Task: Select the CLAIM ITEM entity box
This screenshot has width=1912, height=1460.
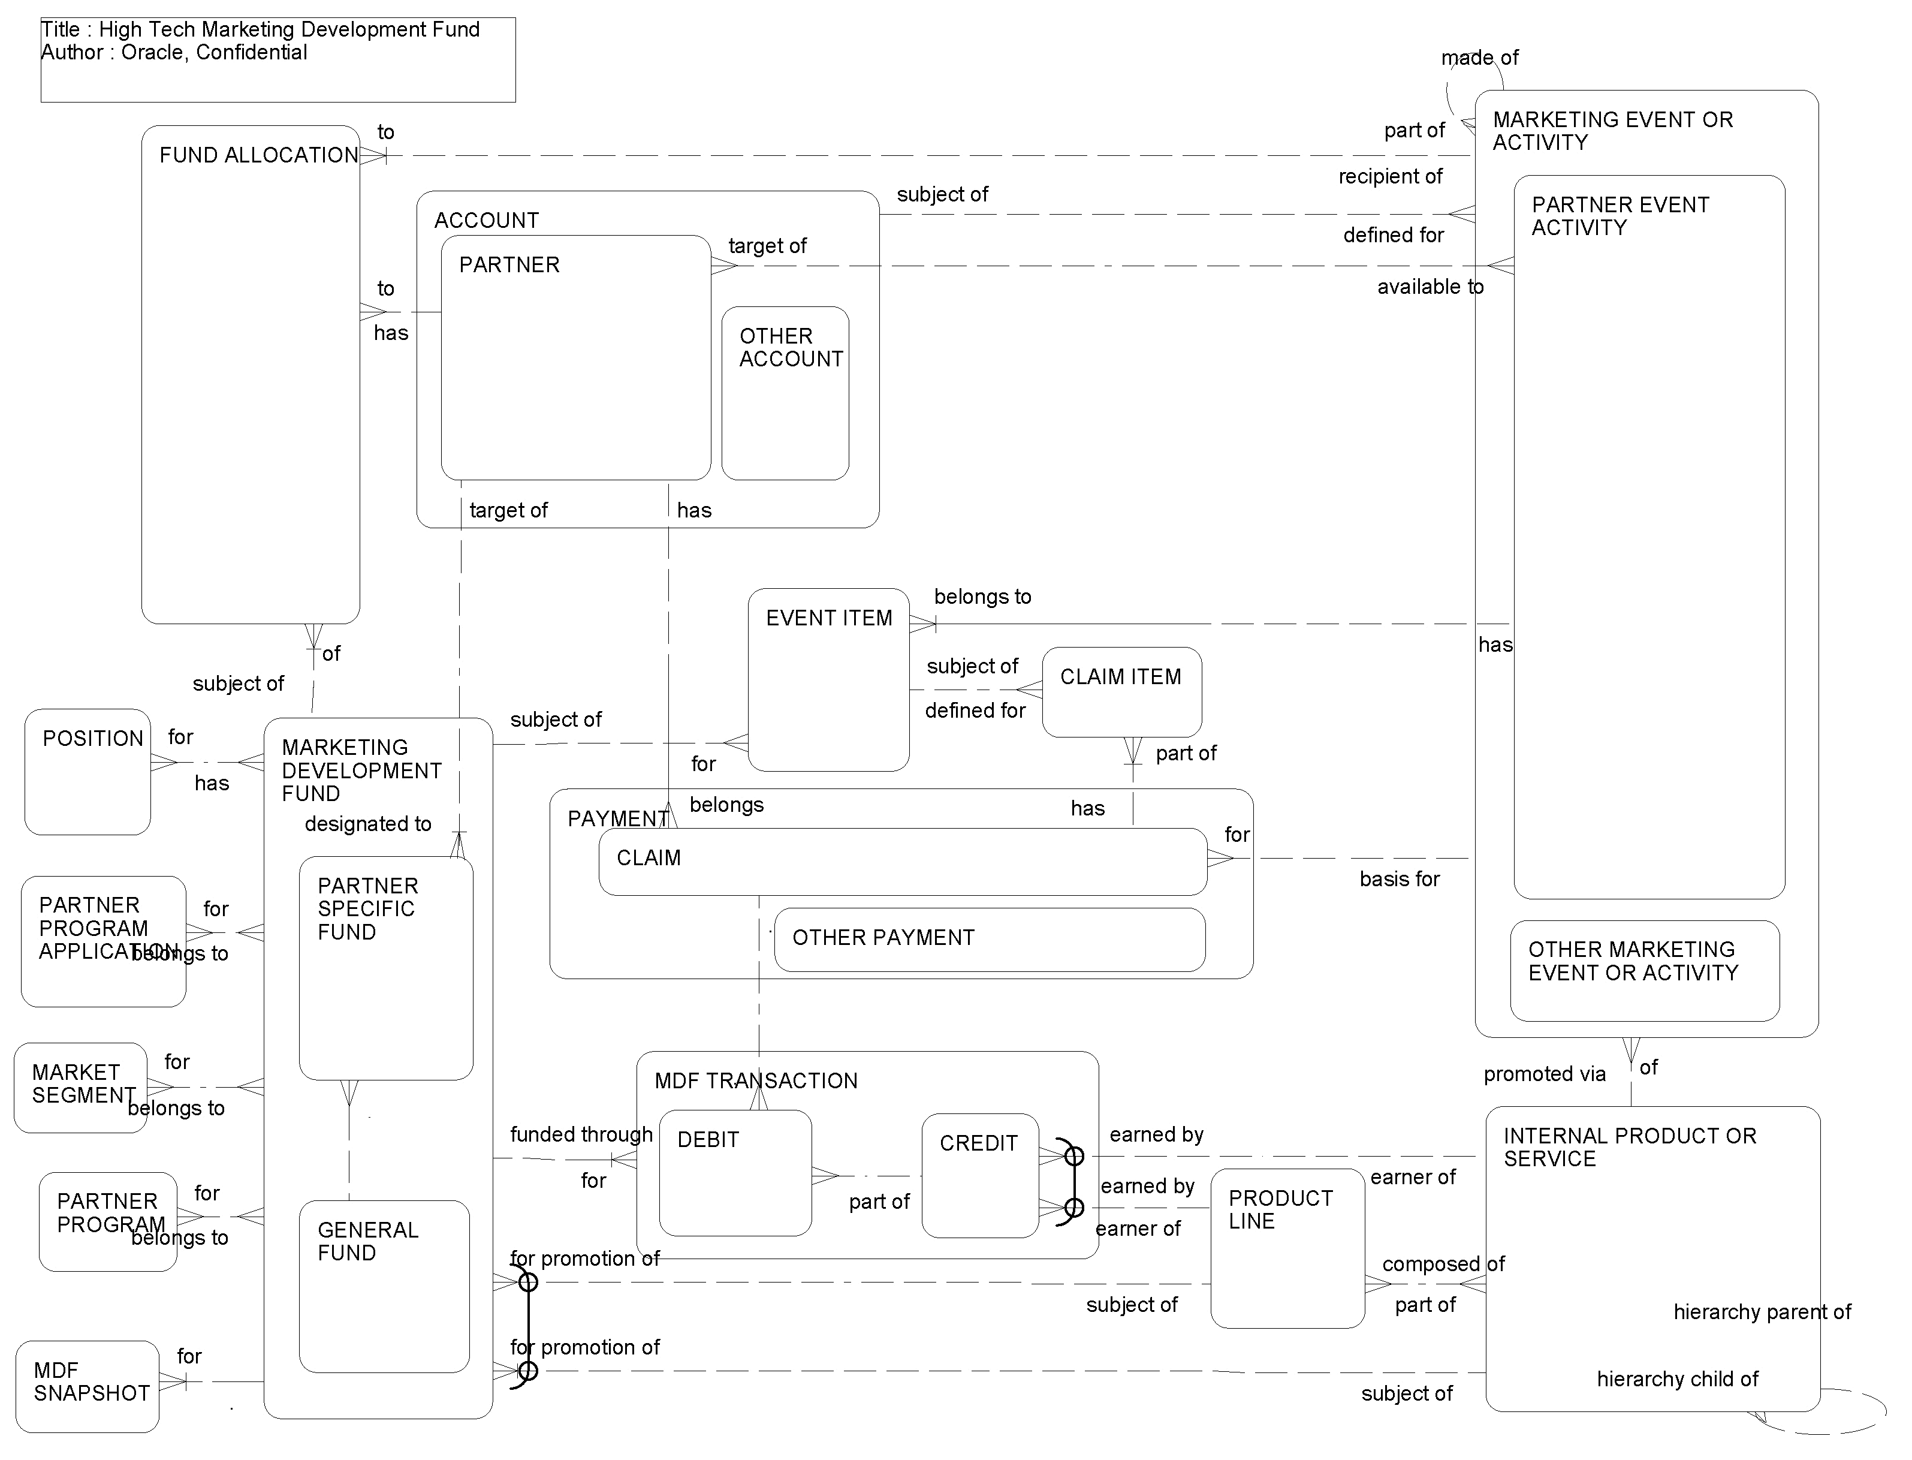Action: click(x=1121, y=693)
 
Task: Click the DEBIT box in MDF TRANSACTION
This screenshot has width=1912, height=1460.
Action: click(x=735, y=1173)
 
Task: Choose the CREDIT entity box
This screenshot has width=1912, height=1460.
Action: click(x=980, y=1176)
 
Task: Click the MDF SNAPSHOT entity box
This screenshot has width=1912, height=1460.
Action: click(x=88, y=1387)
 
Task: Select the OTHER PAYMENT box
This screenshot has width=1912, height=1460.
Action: click(x=990, y=940)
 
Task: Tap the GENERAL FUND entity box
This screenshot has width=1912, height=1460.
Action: click(x=384, y=1286)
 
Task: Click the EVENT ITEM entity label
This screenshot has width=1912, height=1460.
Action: click(x=829, y=618)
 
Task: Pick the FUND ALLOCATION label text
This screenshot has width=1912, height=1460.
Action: click(x=258, y=155)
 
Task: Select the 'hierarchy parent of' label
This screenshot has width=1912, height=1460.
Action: click(x=1762, y=1313)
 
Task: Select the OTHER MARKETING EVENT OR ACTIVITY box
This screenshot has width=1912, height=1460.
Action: click(x=1645, y=971)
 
